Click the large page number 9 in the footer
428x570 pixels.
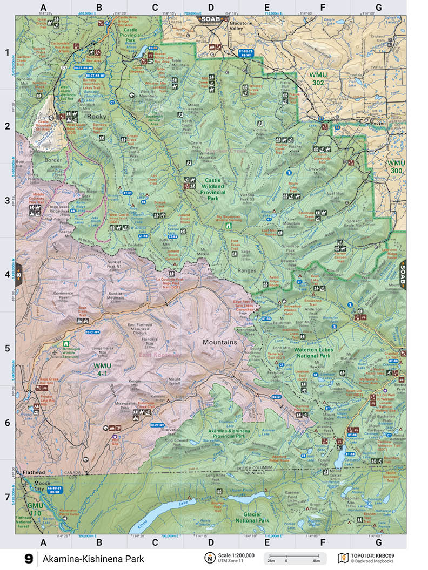point(28,558)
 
